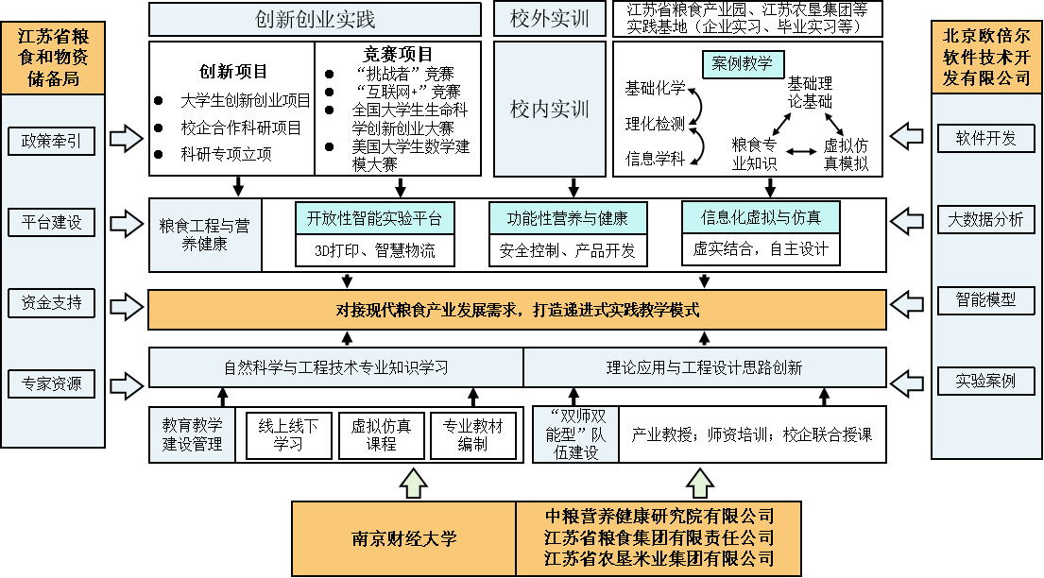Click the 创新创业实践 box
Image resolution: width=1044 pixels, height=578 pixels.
[x=315, y=19]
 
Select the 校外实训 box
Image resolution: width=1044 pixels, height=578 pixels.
[x=549, y=19]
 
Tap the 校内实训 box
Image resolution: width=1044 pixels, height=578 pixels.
[x=549, y=109]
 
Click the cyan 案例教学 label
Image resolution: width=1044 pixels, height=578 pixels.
[x=743, y=64]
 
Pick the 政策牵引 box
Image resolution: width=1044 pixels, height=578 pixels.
[x=51, y=142]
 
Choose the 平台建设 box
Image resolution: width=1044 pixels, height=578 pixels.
[x=51, y=223]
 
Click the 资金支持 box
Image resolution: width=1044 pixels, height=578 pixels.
[x=51, y=303]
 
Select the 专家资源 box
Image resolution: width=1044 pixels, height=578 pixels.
[x=51, y=383]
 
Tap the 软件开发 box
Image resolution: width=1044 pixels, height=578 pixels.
[x=985, y=138]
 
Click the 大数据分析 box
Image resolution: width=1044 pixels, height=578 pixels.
[x=985, y=219]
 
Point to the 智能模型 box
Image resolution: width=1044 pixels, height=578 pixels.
[x=985, y=300]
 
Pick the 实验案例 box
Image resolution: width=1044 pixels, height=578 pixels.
[x=985, y=381]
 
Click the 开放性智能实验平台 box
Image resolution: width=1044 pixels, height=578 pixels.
[x=374, y=218]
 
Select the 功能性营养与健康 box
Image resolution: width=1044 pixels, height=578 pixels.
[x=568, y=218]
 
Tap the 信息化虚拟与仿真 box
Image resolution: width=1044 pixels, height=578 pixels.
[x=761, y=217]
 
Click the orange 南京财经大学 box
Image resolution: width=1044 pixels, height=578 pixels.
[x=403, y=538]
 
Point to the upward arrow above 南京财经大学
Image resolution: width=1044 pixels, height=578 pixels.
[x=413, y=484]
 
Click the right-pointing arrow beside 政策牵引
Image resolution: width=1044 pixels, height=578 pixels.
[x=126, y=139]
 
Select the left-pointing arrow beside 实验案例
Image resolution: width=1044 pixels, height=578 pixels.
[x=907, y=382]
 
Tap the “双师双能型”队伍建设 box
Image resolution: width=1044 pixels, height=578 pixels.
[x=574, y=434]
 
